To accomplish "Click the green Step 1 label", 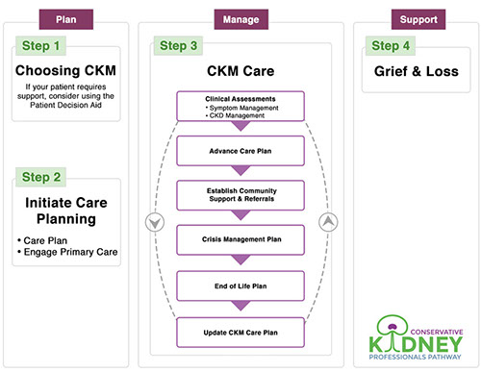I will pyautogui.click(x=41, y=45).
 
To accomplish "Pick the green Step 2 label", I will pyautogui.click(x=41, y=176).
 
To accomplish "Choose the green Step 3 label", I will pyautogui.click(x=179, y=46).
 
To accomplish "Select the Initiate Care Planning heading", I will pyautogui.click(x=66, y=211).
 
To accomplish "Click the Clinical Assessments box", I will pyautogui.click(x=241, y=106).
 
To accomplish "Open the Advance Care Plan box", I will pyautogui.click(x=241, y=151).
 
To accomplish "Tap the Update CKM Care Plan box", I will pyautogui.click(x=241, y=333).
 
